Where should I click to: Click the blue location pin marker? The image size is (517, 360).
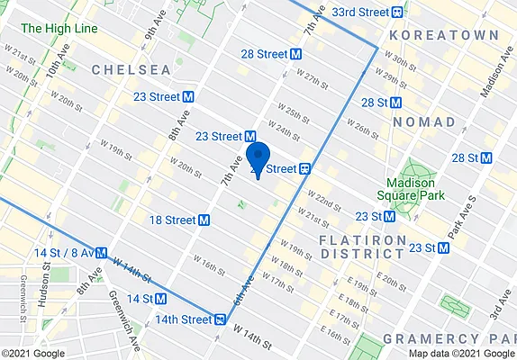(258, 158)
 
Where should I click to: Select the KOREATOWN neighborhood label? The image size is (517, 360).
(443, 34)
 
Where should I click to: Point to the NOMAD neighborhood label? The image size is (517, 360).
(431, 121)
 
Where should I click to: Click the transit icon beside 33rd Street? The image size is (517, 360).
(397, 12)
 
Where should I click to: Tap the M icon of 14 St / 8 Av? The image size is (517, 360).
(104, 254)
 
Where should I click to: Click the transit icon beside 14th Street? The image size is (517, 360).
(220, 319)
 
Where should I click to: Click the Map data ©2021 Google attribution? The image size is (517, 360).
(460, 353)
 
